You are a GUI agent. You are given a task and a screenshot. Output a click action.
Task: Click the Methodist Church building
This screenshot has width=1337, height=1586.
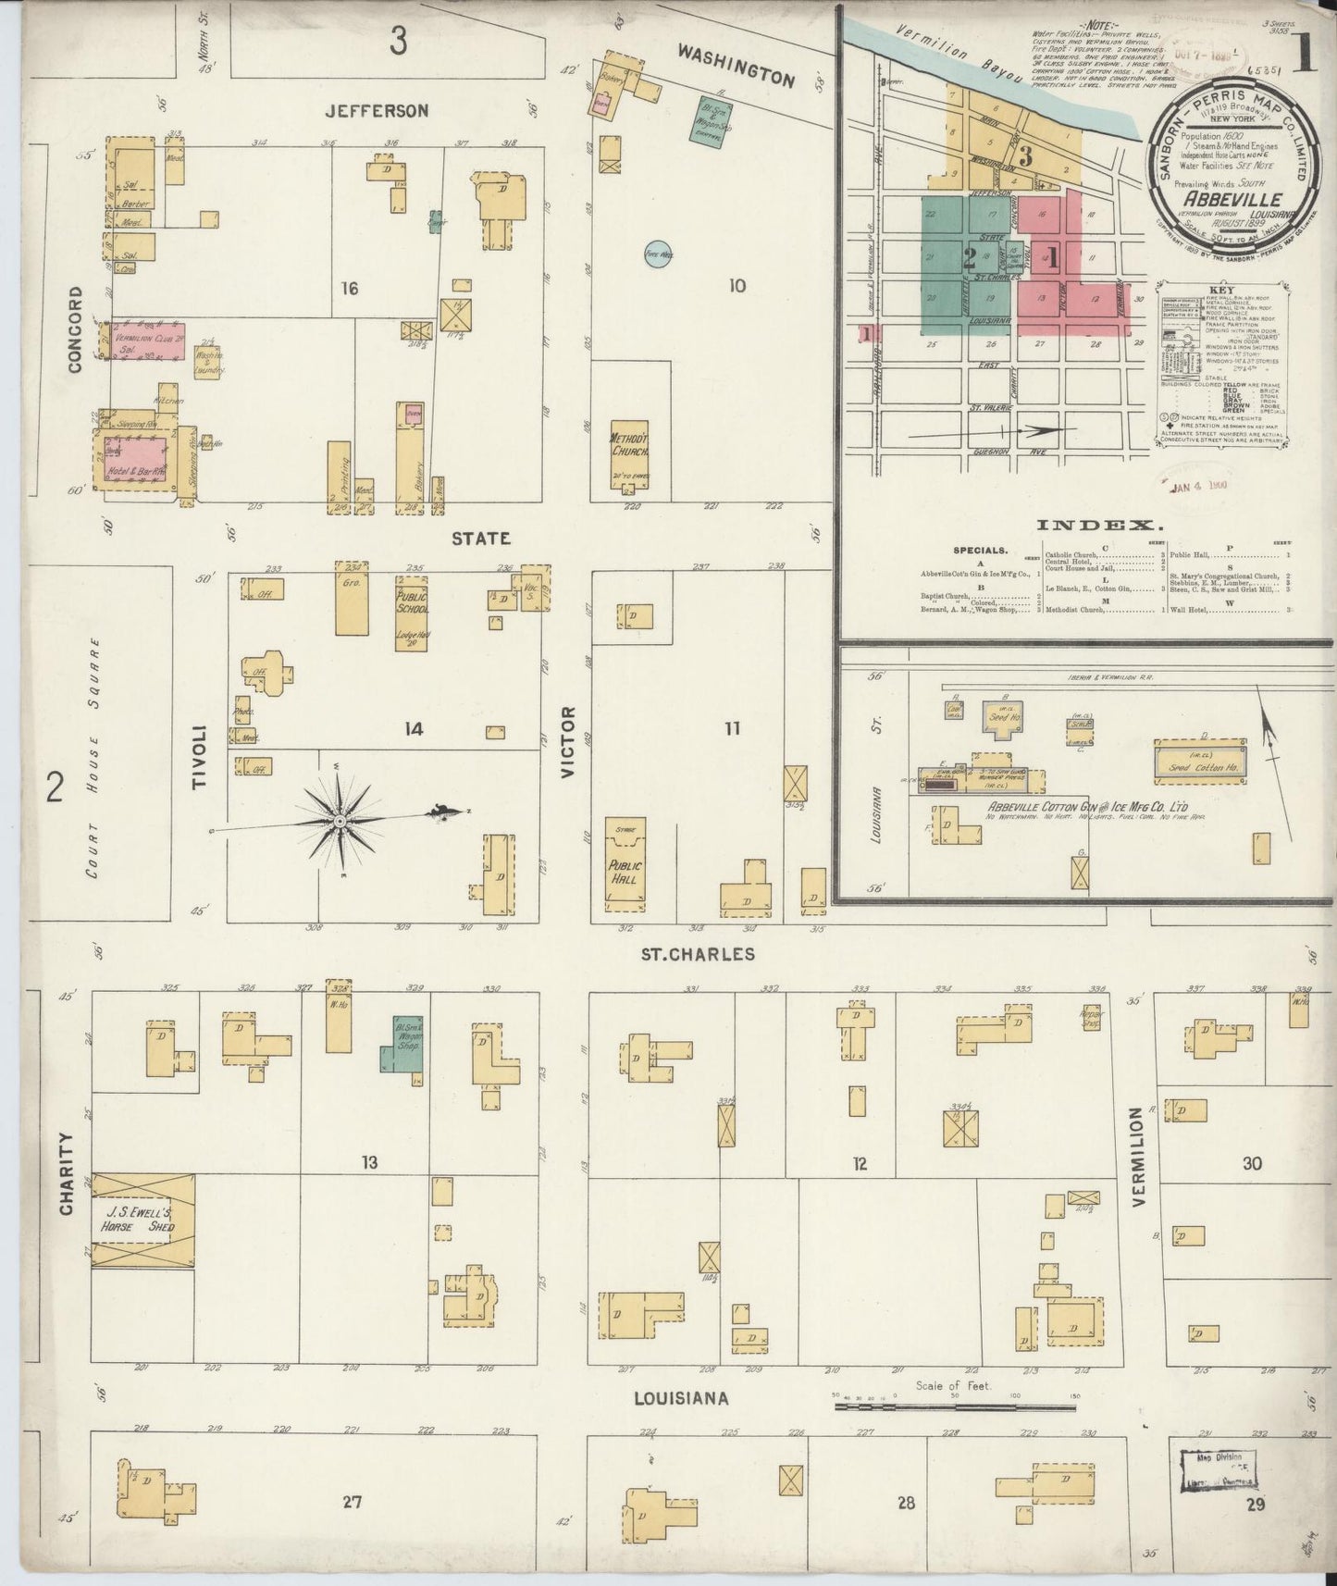(x=629, y=452)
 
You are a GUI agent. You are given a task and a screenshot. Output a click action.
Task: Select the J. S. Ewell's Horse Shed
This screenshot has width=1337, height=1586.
(x=143, y=1219)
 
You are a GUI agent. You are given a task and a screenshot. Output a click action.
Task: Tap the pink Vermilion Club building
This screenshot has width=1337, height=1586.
(x=147, y=341)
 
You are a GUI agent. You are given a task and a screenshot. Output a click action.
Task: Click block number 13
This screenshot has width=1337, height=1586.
(x=369, y=1162)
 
